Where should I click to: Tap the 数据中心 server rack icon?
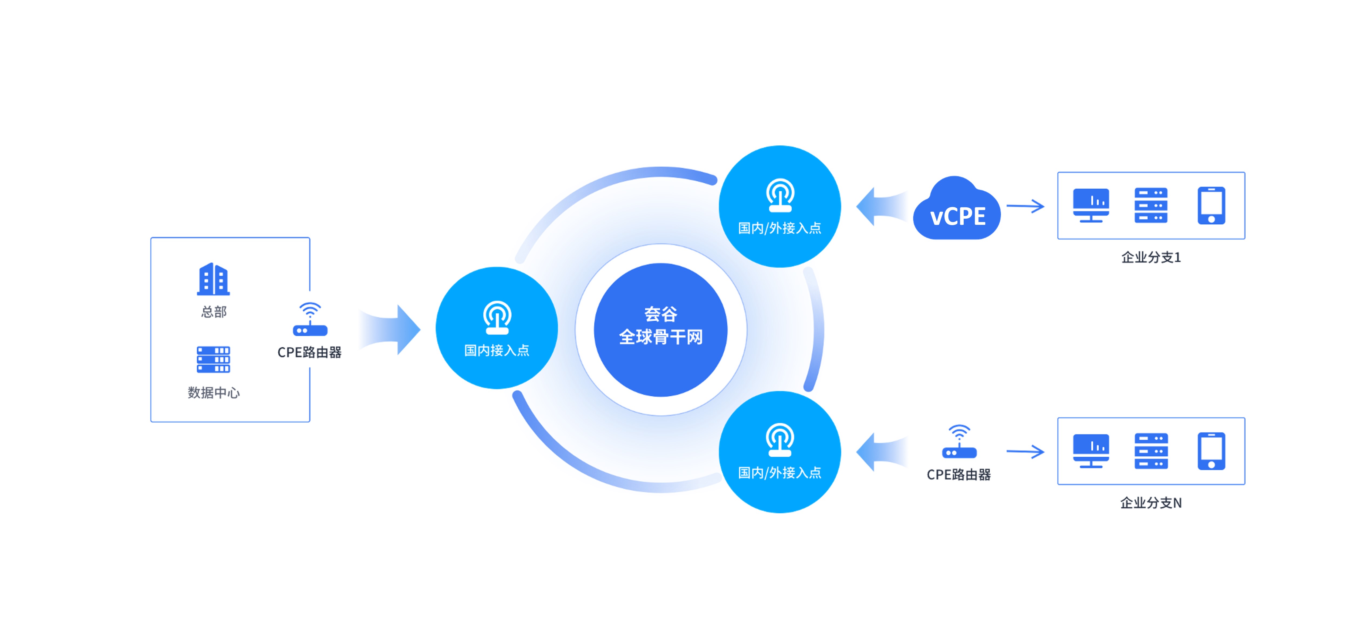(213, 359)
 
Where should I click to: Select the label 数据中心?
(213, 393)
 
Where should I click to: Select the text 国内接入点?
(497, 350)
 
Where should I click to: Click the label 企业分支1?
(1151, 257)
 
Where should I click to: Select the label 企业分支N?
(1151, 503)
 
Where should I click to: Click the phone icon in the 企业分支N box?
(1211, 451)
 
